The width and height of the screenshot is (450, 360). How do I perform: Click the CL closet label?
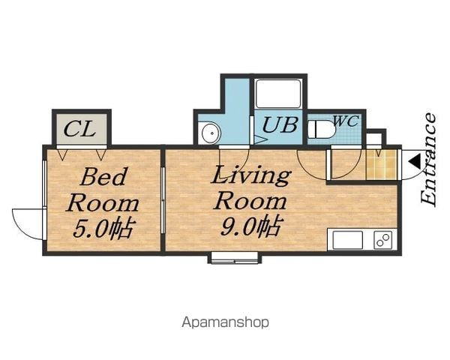coord(79,129)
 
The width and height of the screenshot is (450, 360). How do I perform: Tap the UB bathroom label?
coord(280,125)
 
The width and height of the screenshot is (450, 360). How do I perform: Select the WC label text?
coord(346,121)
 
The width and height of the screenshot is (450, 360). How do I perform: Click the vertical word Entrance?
coord(428,159)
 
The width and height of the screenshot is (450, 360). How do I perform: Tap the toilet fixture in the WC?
coord(321,130)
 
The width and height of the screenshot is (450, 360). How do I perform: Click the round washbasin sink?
coord(211,133)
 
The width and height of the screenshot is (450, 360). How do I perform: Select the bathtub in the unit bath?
coord(277,94)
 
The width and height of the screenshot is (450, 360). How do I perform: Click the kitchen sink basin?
coord(347,240)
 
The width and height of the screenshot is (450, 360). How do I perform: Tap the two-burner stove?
coord(382,240)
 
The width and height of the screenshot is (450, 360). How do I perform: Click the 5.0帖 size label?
coord(103,229)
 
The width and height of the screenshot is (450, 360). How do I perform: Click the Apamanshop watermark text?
coord(225,322)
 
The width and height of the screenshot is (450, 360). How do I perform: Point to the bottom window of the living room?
coord(235,258)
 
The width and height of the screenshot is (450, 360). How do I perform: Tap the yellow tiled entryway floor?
coord(381,164)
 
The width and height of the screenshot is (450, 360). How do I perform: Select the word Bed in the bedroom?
coord(103,177)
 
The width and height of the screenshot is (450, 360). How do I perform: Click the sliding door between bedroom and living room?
coord(163,200)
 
